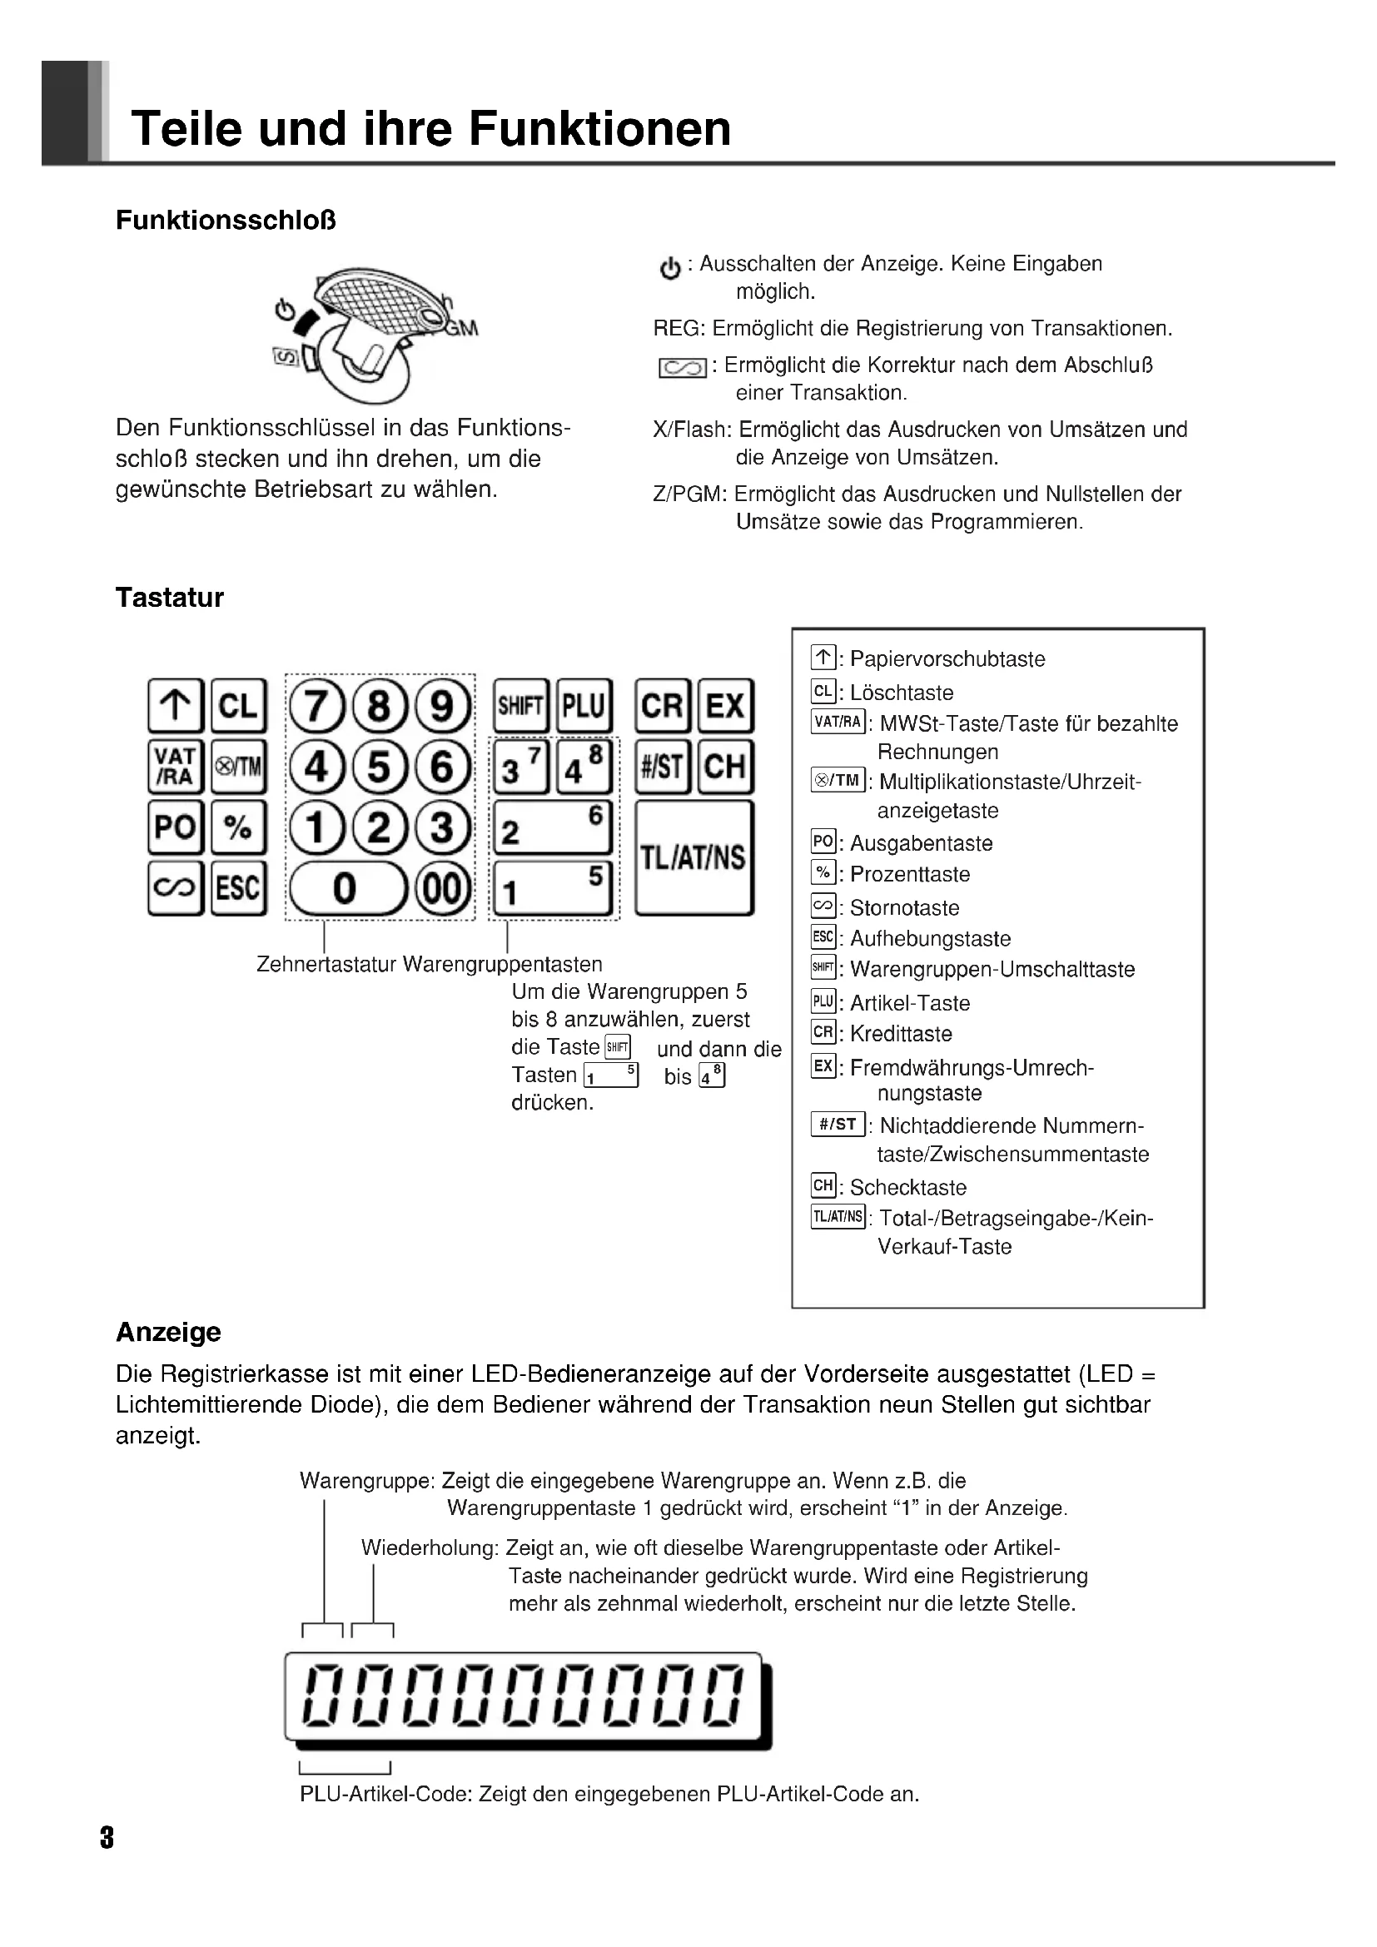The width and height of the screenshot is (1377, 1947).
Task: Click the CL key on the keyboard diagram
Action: tap(238, 706)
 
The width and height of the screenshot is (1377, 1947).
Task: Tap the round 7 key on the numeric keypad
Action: tap(316, 706)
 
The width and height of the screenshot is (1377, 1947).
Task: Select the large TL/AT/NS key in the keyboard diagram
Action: tap(693, 857)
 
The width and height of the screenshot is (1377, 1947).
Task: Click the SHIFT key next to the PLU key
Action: tap(520, 706)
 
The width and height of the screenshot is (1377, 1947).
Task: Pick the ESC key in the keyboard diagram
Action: tap(238, 888)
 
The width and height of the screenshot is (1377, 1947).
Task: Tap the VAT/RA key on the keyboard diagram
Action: tap(176, 767)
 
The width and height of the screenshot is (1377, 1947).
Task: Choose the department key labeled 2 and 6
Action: tap(552, 827)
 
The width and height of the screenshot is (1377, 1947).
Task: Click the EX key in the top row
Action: tap(725, 706)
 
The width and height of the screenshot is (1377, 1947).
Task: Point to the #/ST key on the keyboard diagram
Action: tap(662, 767)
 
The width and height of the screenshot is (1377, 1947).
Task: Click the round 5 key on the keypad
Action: tap(379, 767)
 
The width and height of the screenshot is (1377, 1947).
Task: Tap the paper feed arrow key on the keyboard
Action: tap(176, 706)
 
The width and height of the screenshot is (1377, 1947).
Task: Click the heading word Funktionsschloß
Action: tap(226, 221)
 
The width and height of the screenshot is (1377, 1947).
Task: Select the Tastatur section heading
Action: tap(170, 598)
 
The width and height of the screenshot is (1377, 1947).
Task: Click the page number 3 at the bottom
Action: tap(107, 1839)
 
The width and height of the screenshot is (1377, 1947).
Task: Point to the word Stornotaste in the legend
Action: tap(904, 908)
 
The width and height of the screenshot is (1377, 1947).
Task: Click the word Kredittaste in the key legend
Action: tap(901, 1034)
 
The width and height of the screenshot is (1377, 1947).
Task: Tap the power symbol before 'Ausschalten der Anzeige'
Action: tap(670, 269)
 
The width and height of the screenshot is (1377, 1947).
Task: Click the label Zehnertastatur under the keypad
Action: tap(326, 964)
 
